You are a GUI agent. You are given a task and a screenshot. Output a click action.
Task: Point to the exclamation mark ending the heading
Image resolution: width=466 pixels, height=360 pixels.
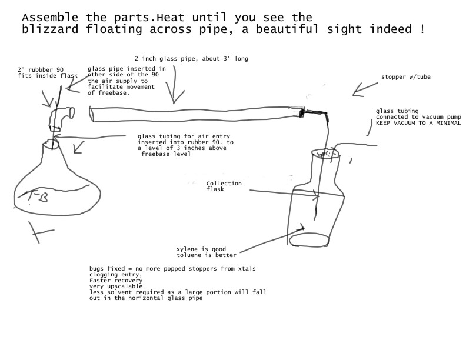tap(422, 29)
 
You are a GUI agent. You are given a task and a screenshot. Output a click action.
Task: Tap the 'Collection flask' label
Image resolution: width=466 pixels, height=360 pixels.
tap(223, 185)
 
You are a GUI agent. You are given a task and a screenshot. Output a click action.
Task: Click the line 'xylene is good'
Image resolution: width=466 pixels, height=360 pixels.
tap(201, 249)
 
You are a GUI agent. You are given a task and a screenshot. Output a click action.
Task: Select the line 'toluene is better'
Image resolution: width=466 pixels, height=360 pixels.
tap(207, 255)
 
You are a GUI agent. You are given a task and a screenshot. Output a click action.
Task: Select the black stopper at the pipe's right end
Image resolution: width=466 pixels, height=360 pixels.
tap(302, 111)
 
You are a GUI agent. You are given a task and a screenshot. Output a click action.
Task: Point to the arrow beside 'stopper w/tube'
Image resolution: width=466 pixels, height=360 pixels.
tap(365, 88)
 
